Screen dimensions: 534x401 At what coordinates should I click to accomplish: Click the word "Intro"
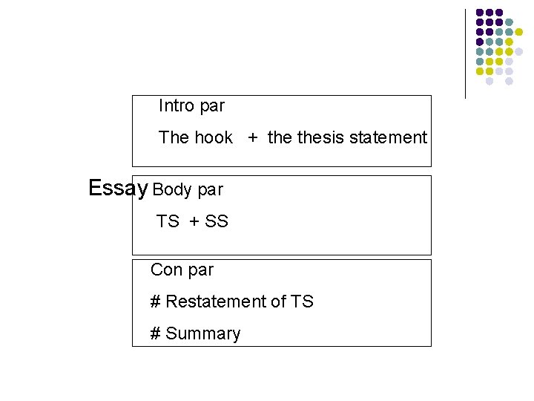176,106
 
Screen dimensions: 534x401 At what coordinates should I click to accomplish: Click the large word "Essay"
118,188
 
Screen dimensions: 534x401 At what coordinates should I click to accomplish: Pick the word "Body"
172,189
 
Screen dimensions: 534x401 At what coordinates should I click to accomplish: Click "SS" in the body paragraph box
217,221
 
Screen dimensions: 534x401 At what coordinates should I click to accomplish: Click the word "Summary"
203,334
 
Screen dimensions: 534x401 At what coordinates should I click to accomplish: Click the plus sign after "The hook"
254,138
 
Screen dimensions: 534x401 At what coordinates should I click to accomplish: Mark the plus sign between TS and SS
194,222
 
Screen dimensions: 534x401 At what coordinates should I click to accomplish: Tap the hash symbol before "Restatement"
156,301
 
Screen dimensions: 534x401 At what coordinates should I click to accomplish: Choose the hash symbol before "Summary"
156,333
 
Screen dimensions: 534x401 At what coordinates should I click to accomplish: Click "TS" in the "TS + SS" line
168,221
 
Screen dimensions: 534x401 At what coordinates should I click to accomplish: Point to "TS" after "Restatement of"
302,301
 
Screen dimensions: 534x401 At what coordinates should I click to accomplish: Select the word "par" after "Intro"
212,107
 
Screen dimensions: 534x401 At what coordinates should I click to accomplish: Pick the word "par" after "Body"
210,190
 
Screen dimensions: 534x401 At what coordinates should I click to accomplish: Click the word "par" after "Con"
200,270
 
